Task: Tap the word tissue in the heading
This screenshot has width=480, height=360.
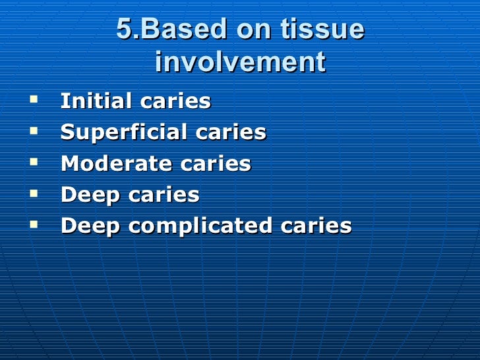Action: (322, 30)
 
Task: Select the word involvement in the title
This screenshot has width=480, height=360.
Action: (240, 63)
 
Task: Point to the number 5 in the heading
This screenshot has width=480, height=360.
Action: (124, 30)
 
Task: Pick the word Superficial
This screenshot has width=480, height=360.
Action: (118, 133)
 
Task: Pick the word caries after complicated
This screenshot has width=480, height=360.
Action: (316, 226)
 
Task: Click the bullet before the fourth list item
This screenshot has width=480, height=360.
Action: (34, 194)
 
